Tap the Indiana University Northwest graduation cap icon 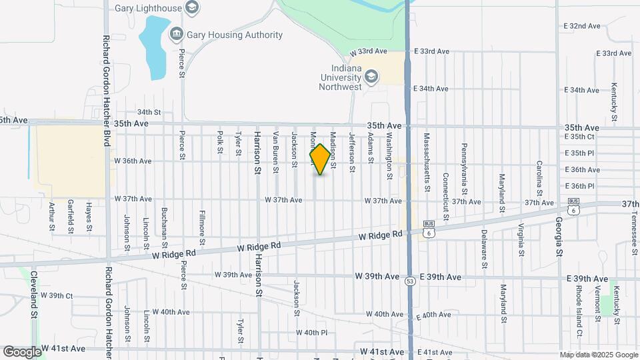coord(371,77)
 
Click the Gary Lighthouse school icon coord(193,8)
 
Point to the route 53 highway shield coord(409,282)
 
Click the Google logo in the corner coord(21,351)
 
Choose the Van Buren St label coord(275,153)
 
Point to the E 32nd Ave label coord(582,26)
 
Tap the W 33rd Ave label coord(369,51)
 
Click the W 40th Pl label coord(311,332)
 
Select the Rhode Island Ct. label coord(580,312)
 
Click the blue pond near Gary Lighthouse coord(153,47)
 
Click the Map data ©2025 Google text coord(597,355)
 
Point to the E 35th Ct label coord(579,137)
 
